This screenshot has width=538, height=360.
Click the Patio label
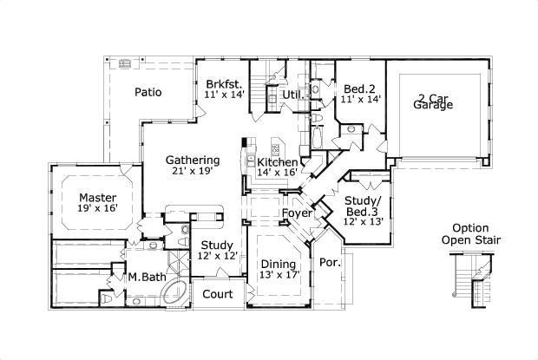click(148, 92)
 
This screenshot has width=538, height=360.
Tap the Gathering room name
click(193, 160)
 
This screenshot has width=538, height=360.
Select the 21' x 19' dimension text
click(193, 171)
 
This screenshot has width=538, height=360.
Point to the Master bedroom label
click(98, 198)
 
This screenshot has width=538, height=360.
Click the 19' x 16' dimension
click(98, 208)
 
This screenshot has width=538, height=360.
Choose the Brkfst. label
click(225, 84)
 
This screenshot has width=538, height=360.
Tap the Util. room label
click(293, 95)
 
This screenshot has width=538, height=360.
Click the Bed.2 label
click(359, 89)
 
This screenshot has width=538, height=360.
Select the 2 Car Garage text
click(433, 101)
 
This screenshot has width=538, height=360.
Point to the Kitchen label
click(278, 162)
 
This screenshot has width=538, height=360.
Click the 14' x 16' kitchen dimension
click(277, 172)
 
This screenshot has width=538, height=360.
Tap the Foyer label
click(297, 213)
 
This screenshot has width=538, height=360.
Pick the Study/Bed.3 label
click(363, 206)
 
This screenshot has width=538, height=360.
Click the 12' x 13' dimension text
click(364, 221)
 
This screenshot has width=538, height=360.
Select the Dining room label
click(279, 264)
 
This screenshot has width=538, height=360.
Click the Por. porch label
click(330, 263)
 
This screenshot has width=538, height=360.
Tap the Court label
click(218, 294)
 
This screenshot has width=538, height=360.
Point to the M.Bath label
click(148, 277)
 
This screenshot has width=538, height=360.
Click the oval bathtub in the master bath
click(175, 292)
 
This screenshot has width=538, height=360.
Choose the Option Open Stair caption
click(470, 234)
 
